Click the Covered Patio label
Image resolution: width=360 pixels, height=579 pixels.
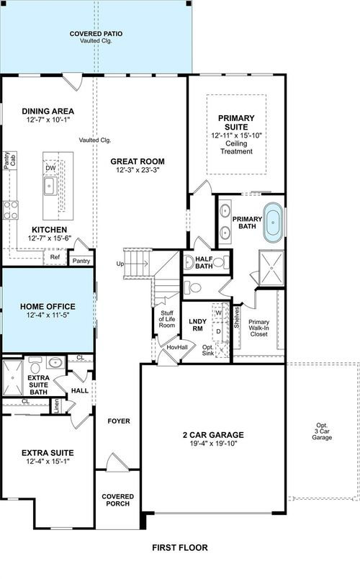[95, 34]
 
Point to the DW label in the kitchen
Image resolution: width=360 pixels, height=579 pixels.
[50, 168]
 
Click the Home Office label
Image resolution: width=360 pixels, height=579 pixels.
[47, 306]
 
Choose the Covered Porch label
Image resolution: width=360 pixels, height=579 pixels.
[116, 500]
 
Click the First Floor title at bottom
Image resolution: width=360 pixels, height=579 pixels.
[180, 547]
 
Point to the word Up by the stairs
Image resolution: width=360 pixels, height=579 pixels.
[120, 264]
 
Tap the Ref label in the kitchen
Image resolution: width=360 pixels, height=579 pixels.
[55, 256]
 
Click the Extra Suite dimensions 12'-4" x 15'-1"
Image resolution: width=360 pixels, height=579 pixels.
[47, 462]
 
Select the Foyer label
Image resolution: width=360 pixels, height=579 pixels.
[117, 421]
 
